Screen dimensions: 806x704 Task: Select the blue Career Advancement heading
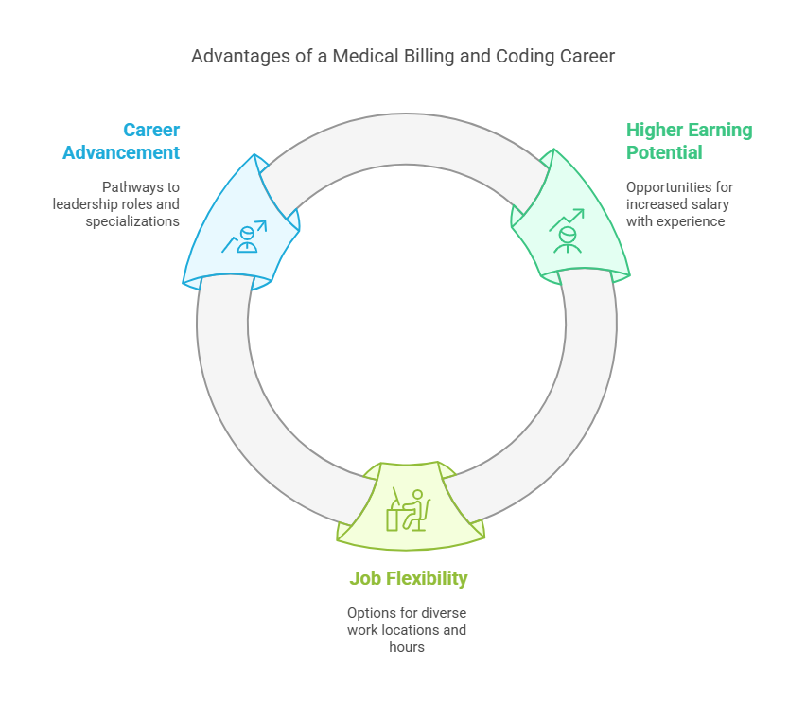pyautogui.click(x=122, y=141)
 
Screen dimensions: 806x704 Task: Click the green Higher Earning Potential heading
pyautogui.click(x=690, y=141)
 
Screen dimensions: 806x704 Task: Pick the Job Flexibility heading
pyautogui.click(x=409, y=578)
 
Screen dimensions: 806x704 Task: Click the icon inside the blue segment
pyautogui.click(x=245, y=237)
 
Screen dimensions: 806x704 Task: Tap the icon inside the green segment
pyautogui.click(x=567, y=232)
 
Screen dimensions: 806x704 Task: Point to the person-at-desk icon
pyautogui.click(x=409, y=508)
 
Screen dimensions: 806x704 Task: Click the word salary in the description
pyautogui.click(x=710, y=204)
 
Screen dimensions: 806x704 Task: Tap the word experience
pyautogui.click(x=691, y=221)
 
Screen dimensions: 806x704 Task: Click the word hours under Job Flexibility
pyautogui.click(x=407, y=647)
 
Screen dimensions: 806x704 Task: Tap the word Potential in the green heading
pyautogui.click(x=664, y=152)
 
